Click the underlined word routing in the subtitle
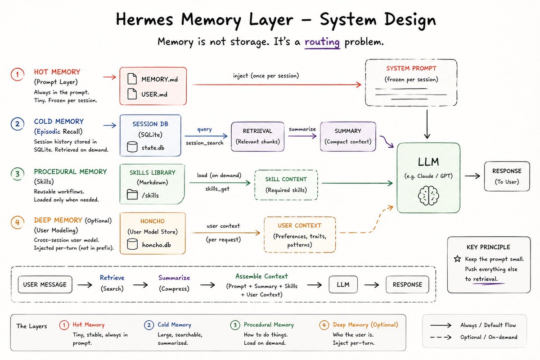coord(322,42)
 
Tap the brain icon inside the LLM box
coord(428,196)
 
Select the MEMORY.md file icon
coord(132,79)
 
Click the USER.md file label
coord(154,94)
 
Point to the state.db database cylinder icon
coord(132,147)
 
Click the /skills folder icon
coord(132,194)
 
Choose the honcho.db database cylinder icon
coord(132,244)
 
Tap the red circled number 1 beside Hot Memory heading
coord(18,75)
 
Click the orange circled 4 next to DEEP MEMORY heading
coord(18,222)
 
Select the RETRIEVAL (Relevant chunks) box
coord(257,136)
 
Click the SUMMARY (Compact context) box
coord(348,136)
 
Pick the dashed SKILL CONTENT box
coord(286,185)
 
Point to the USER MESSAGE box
coord(45,284)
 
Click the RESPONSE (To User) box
coord(507,176)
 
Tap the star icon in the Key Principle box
coord(457,259)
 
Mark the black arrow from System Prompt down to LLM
coord(427,124)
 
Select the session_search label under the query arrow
coord(204,143)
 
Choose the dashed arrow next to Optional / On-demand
coord(441,337)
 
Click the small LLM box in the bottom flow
coord(343,284)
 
